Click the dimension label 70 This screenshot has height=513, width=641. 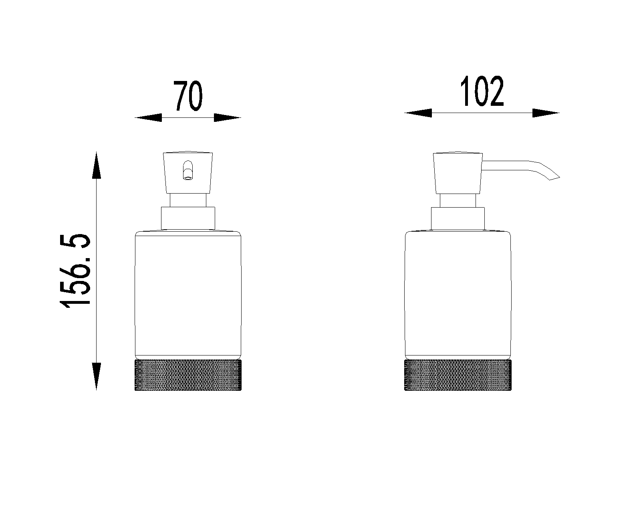(187, 96)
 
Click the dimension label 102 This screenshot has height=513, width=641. (482, 91)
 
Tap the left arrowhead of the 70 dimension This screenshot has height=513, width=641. (148, 118)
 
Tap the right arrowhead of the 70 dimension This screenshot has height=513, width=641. (228, 118)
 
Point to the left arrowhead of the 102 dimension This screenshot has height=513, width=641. (418, 113)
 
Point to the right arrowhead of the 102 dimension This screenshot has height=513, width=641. (546, 113)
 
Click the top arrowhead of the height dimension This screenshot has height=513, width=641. (96, 165)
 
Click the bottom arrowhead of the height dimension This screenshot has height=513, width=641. (96, 376)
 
